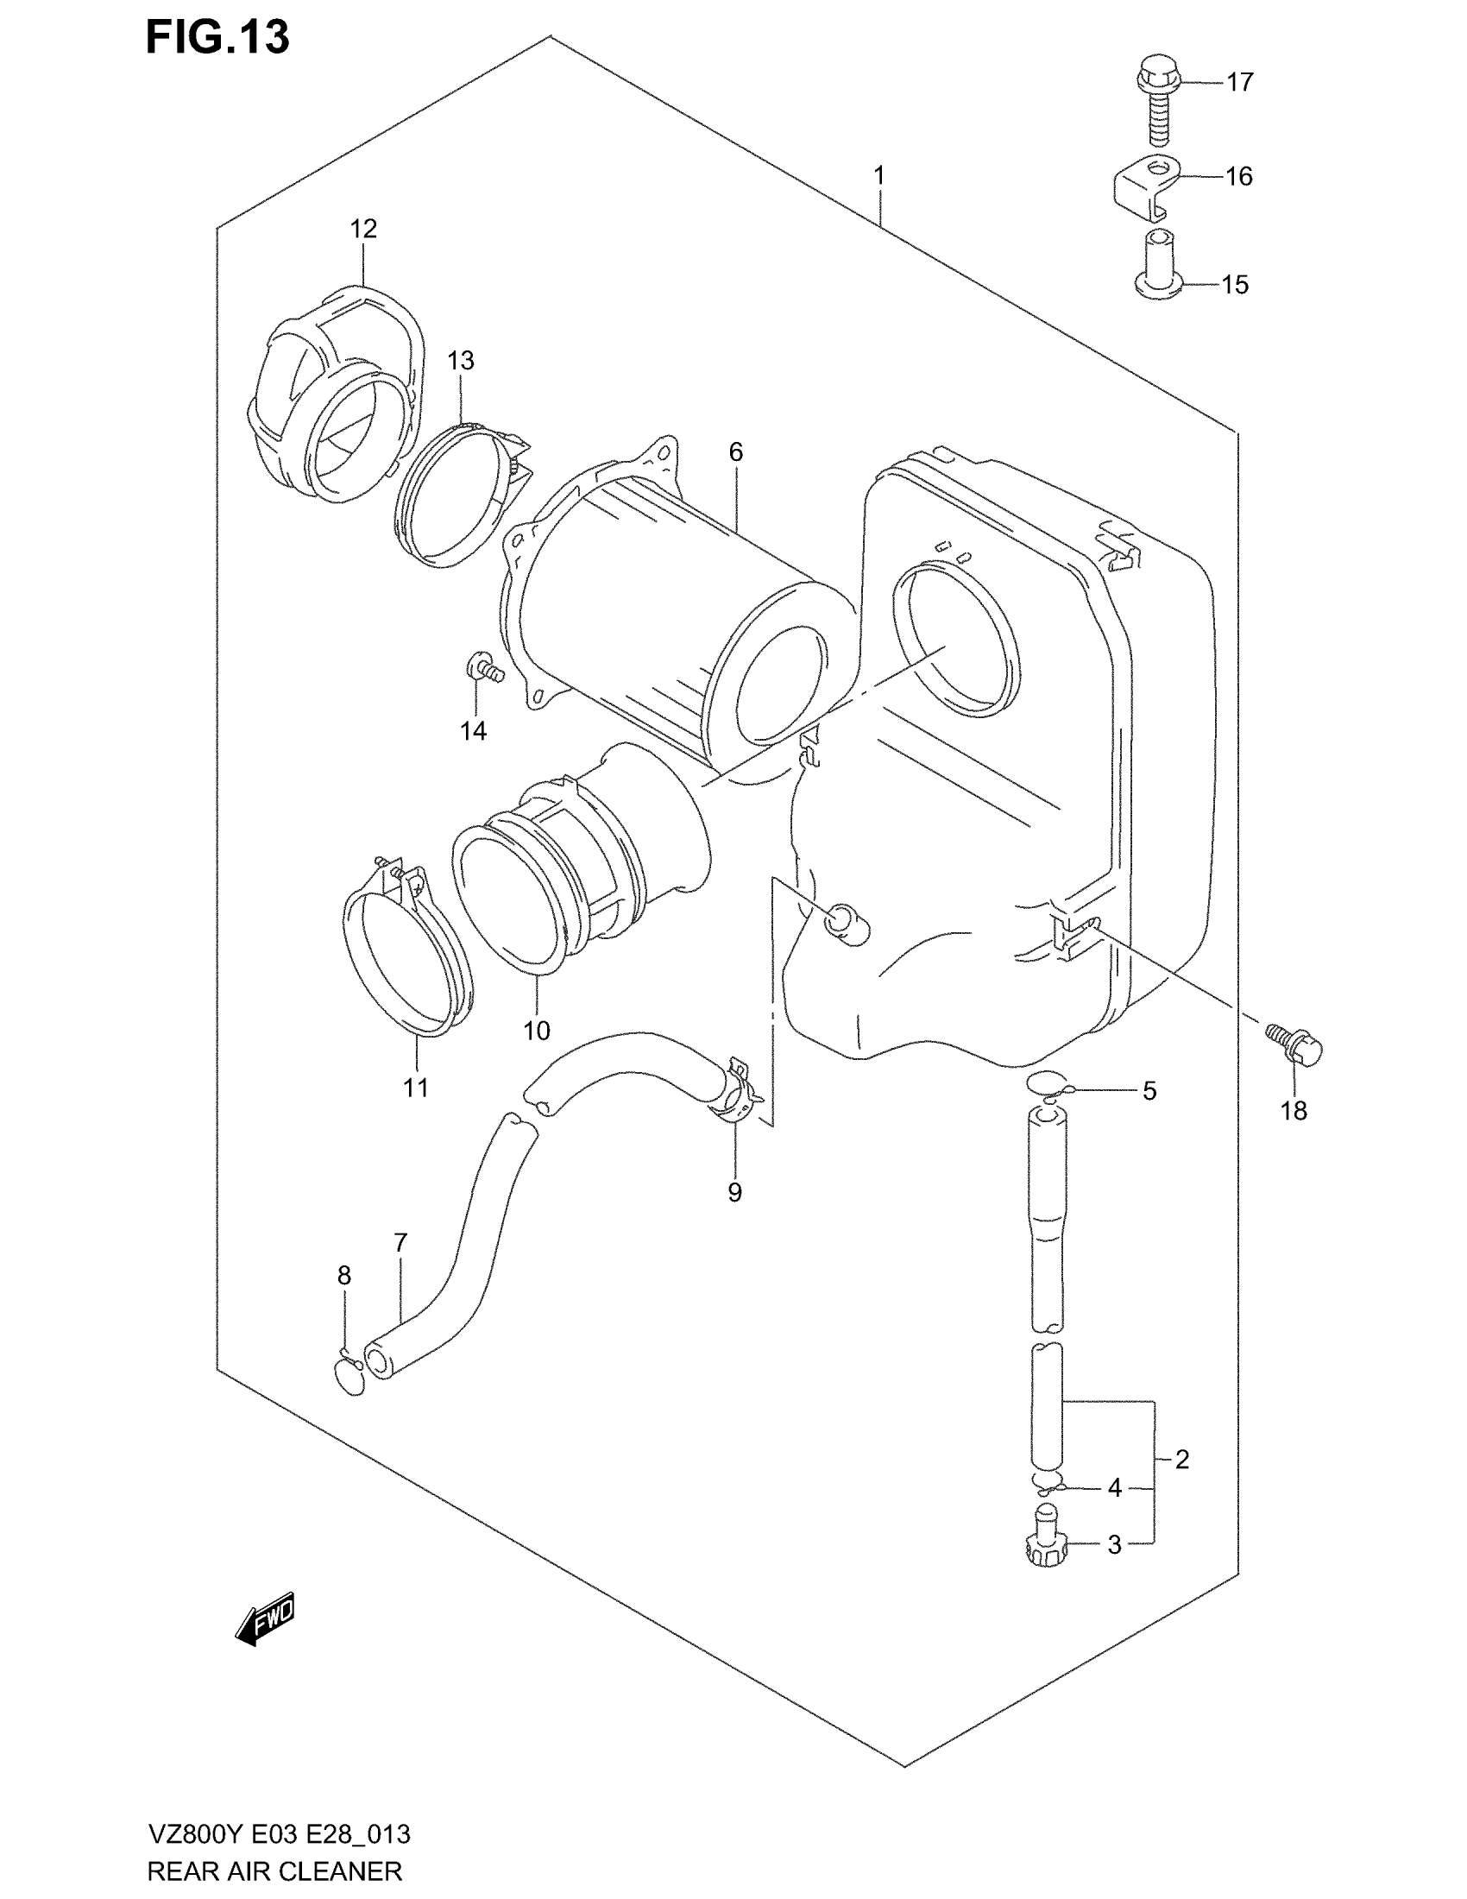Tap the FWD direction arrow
265,1618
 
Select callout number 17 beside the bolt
1239,83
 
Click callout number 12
363,229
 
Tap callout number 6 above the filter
735,452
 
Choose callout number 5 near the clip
1149,1091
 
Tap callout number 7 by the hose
400,1243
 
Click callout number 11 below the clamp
415,1087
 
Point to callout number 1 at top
878,175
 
